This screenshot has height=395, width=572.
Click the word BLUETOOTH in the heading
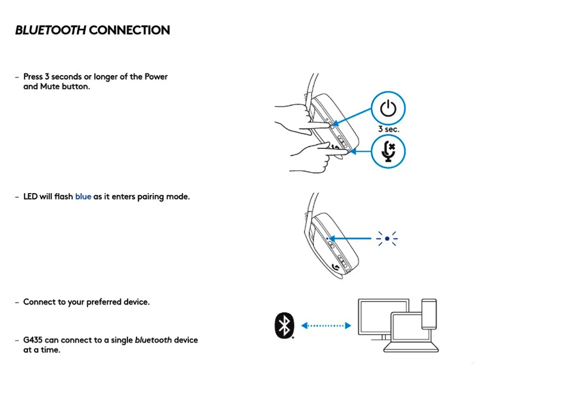[51, 30]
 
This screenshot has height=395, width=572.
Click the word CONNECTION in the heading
[129, 30]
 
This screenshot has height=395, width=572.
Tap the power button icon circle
[388, 108]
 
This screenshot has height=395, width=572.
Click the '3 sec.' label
[388, 129]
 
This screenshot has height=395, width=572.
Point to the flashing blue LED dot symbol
[387, 239]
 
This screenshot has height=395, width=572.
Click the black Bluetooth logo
[284, 325]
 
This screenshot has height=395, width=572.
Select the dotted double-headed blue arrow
[326, 326]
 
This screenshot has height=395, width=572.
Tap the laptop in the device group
[411, 334]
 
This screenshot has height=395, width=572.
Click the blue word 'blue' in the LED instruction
[83, 197]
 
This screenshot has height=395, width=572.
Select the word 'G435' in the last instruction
[33, 340]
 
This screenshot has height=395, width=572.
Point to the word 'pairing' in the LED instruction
[151, 197]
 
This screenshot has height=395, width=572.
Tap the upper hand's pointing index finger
[316, 126]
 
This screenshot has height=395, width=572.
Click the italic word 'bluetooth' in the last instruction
[153, 340]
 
